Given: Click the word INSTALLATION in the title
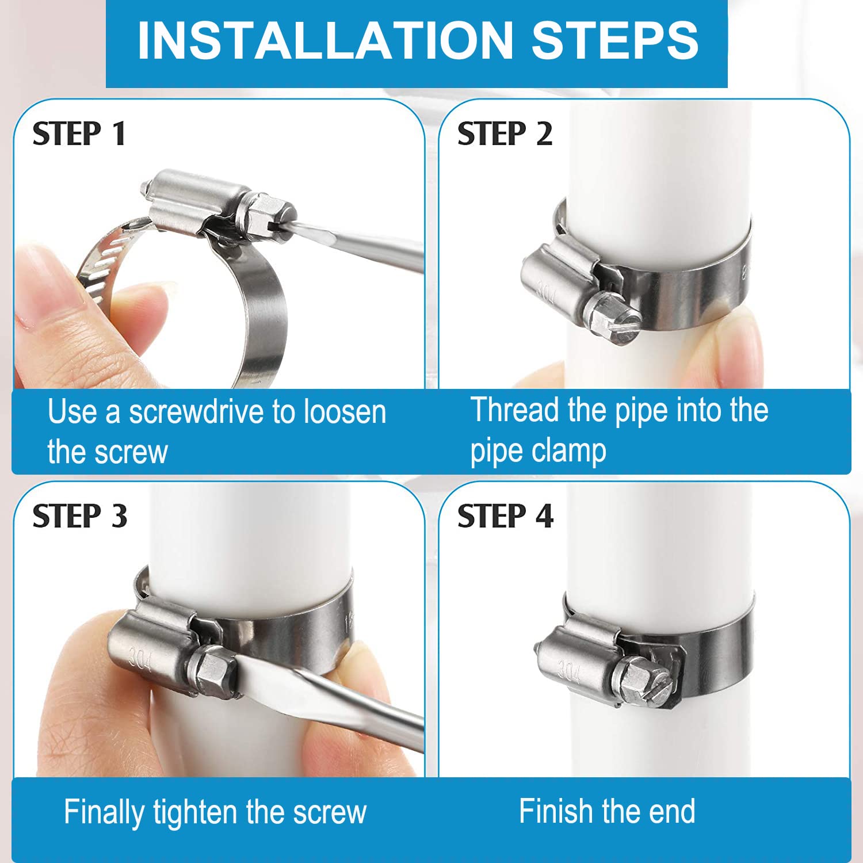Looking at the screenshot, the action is click(326, 40).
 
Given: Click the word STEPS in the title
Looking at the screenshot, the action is click(615, 40).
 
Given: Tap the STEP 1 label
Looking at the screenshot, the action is click(79, 134).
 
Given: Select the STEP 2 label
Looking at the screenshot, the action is click(505, 134).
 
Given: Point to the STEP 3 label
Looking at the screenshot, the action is click(80, 515).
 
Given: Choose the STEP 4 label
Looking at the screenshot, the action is click(505, 515).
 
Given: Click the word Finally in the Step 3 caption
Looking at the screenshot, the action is click(104, 813).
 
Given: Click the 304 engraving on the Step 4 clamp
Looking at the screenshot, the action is click(568, 670).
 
